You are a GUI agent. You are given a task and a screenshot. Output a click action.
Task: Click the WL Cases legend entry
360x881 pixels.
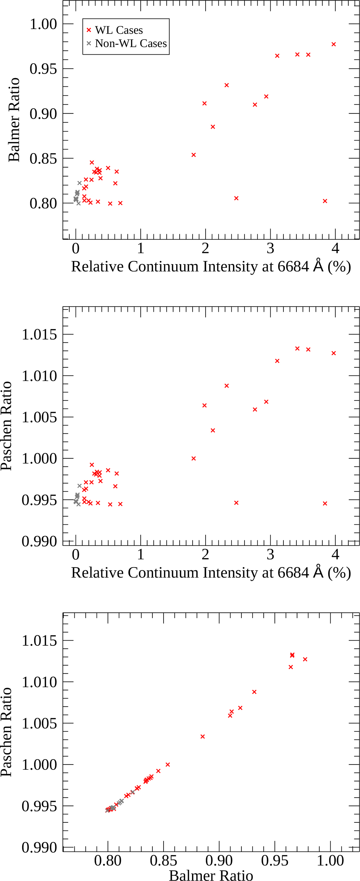coord(118,30)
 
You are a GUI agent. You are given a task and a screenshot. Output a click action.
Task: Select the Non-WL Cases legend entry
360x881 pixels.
coord(130,44)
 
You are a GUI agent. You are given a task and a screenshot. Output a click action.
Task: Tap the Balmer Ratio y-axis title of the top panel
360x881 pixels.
coord(14,120)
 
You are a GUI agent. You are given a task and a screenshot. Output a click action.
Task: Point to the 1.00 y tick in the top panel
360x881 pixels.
coord(43,24)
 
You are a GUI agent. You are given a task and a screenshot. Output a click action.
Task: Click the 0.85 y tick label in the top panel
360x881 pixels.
coord(43,158)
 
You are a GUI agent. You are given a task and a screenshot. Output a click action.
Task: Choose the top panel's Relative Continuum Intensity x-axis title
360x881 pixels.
coord(211,267)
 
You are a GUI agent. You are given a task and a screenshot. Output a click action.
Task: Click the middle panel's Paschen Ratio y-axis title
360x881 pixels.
coord(7,426)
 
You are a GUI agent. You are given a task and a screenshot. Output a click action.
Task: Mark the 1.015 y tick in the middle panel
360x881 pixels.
coord(39,334)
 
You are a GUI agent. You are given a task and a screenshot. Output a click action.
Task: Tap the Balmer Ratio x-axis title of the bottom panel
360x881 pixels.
coord(211,875)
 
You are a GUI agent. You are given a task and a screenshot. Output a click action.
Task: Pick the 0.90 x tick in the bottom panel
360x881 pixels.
coord(219,860)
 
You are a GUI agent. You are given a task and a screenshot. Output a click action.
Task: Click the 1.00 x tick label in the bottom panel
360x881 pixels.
coord(330,860)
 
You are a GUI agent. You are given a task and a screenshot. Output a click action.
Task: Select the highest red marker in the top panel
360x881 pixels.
coord(334,44)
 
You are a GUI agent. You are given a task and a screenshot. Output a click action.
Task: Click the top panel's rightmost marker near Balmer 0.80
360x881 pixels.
coord(325,201)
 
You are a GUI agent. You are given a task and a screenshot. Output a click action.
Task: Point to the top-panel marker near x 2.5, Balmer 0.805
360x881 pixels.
coord(236,198)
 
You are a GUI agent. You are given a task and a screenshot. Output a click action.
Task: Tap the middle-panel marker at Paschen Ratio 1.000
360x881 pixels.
coord(193,458)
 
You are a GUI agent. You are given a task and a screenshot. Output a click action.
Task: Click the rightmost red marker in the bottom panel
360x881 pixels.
coord(305,659)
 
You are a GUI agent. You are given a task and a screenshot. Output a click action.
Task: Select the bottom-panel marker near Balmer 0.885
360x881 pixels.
coord(202,736)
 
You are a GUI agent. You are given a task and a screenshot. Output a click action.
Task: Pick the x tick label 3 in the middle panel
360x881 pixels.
coord(270,554)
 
